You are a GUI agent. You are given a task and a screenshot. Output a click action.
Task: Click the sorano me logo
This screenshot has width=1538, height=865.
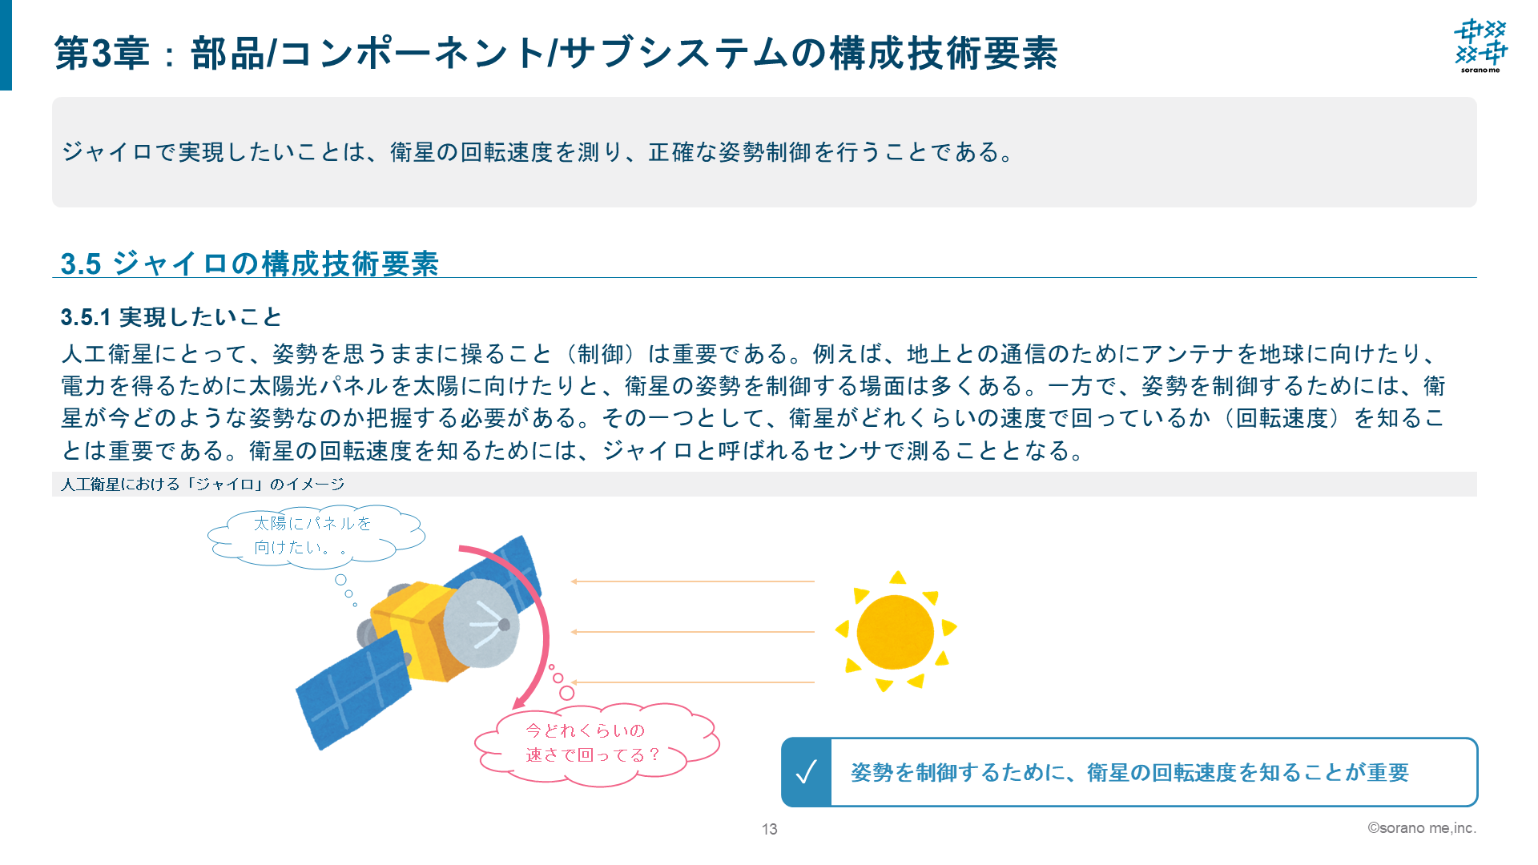[x=1480, y=46]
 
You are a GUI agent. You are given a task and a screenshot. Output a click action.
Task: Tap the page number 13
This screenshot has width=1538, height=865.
[x=769, y=829]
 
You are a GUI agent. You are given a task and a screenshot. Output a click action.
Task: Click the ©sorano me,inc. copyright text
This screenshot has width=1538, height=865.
[x=1421, y=828]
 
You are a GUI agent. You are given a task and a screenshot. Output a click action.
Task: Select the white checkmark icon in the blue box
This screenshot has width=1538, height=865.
[x=806, y=772]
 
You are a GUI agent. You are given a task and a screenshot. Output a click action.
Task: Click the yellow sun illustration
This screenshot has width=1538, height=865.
[x=896, y=631]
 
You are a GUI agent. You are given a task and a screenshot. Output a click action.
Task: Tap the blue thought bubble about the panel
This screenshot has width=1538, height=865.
[x=315, y=535]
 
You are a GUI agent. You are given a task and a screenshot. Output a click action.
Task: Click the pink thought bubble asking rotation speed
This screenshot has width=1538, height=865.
[x=597, y=744]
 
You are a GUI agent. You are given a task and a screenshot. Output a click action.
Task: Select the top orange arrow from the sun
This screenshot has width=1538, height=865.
[x=692, y=581]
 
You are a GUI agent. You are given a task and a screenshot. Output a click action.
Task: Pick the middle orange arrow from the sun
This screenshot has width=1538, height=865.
[x=692, y=632]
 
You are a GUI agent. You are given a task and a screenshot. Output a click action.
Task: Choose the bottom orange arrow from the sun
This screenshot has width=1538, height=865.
[x=692, y=682]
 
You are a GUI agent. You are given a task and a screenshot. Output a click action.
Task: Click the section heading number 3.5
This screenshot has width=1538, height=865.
[x=81, y=264]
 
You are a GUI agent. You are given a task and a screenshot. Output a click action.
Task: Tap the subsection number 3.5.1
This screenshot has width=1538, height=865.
[x=85, y=317]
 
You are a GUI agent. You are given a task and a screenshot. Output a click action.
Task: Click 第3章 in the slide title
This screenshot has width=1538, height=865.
[x=102, y=54]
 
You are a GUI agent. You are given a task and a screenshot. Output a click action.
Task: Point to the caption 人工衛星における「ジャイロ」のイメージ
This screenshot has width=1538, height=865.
[x=203, y=484]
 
